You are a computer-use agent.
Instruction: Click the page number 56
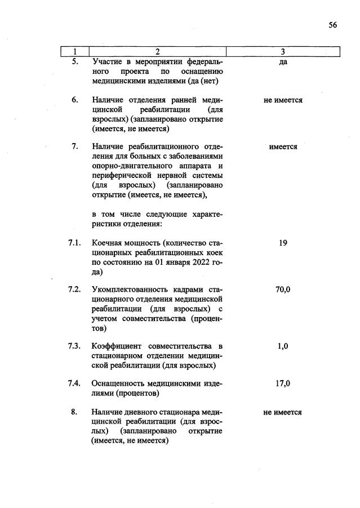[332, 25]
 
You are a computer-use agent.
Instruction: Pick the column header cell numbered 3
[283, 52]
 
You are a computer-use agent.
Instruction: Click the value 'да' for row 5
[283, 62]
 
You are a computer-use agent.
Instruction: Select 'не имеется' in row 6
[283, 100]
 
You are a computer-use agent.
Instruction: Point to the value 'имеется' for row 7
[283, 146]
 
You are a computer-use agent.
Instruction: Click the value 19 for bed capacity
[283, 243]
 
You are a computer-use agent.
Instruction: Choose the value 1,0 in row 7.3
[283, 346]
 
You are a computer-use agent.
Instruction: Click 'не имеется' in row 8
[283, 412]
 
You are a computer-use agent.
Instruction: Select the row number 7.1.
[74, 243]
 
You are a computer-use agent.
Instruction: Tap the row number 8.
[74, 412]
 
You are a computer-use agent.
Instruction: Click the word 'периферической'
[121, 175]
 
